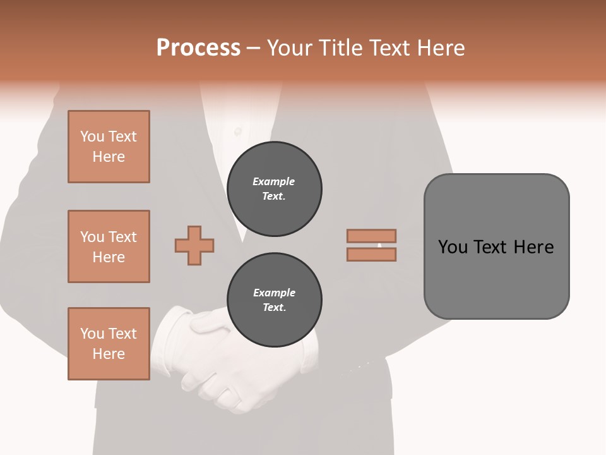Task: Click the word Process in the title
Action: pos(198,48)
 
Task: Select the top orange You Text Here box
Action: pos(109,147)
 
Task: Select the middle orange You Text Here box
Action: pos(109,246)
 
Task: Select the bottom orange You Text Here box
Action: pos(109,344)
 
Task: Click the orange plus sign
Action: pos(194,245)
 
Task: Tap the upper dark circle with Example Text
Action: pos(274,189)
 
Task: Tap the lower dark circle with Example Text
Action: pos(274,300)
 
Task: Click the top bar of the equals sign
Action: pos(371,236)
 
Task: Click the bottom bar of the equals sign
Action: pos(371,255)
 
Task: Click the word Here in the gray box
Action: pos(533,246)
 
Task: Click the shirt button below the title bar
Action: pos(238,131)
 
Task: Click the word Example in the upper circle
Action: pos(274,181)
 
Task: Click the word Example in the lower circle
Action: pos(274,293)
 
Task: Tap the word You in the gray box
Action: pos(452,246)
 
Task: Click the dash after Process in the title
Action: pos(253,49)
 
